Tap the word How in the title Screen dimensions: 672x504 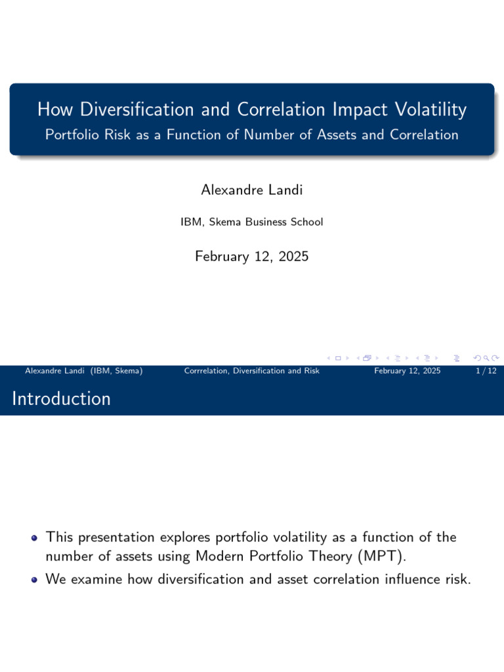click(x=53, y=110)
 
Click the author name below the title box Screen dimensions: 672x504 click(x=251, y=190)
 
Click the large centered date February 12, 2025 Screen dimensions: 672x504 click(x=251, y=257)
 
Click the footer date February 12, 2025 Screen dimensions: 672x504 click(x=407, y=371)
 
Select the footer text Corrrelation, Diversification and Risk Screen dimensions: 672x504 click(x=252, y=371)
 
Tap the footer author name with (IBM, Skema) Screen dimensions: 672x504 click(x=83, y=371)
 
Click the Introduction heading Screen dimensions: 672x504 click(x=61, y=398)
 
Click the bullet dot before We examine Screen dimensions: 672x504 click(x=35, y=579)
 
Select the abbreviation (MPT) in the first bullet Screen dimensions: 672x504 click(x=382, y=557)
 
